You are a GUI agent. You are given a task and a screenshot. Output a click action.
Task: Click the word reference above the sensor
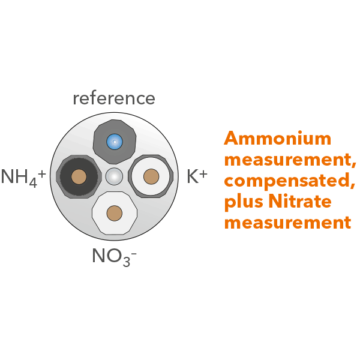tap(114, 98)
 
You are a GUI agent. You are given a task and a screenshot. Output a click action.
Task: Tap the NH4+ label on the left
tap(23, 177)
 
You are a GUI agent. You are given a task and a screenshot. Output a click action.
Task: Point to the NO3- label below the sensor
tap(114, 256)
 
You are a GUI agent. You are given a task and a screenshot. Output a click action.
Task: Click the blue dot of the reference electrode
tap(114, 142)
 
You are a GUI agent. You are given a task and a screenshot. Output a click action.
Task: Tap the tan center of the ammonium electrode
tap(79, 176)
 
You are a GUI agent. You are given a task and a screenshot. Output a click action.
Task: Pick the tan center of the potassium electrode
tap(151, 176)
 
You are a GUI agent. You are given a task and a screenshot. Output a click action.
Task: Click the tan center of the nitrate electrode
tap(114, 212)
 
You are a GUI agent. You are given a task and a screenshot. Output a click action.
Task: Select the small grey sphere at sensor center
tap(114, 176)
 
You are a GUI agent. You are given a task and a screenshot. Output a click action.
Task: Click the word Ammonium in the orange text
tap(277, 139)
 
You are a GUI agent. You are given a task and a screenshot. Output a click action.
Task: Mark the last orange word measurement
tap(287, 223)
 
